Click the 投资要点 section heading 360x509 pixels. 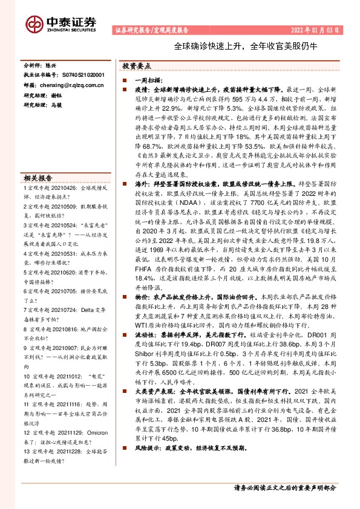tap(136, 66)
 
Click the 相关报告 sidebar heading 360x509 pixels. tap(38, 178)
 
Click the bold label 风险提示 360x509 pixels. tap(147, 465)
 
